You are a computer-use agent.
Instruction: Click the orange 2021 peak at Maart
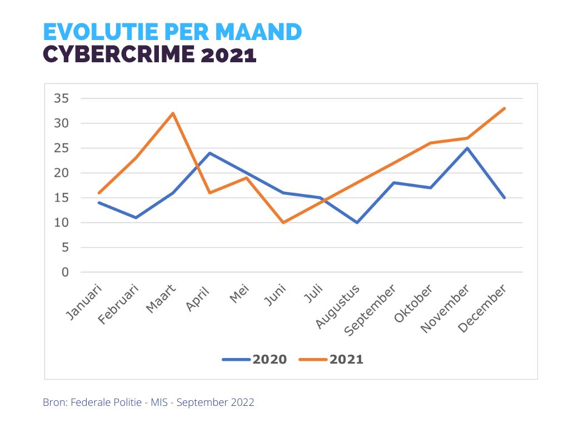click(173, 113)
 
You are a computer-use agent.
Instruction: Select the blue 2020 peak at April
click(209, 153)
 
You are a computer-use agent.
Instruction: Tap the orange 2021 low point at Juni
click(283, 222)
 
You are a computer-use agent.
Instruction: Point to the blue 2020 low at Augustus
click(357, 222)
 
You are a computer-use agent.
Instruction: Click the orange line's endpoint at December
click(504, 108)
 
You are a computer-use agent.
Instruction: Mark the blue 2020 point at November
click(467, 148)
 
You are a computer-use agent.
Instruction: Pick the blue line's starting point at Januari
click(99, 202)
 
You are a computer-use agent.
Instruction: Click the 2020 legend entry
click(255, 359)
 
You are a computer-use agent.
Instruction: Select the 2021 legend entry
click(332, 359)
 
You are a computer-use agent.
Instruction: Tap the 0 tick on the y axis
click(65, 272)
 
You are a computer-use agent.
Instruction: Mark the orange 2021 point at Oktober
click(431, 143)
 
